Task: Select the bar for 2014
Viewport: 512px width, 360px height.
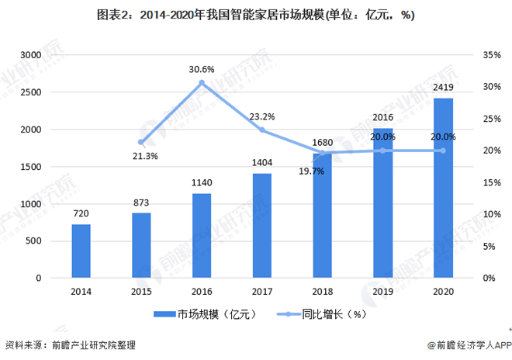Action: click(x=81, y=251)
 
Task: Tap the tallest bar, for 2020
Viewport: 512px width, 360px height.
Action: click(x=443, y=188)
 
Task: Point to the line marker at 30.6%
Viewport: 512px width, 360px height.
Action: click(x=202, y=83)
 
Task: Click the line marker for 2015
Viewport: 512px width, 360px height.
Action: click(x=141, y=142)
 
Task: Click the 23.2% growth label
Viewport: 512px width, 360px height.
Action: click(x=262, y=116)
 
